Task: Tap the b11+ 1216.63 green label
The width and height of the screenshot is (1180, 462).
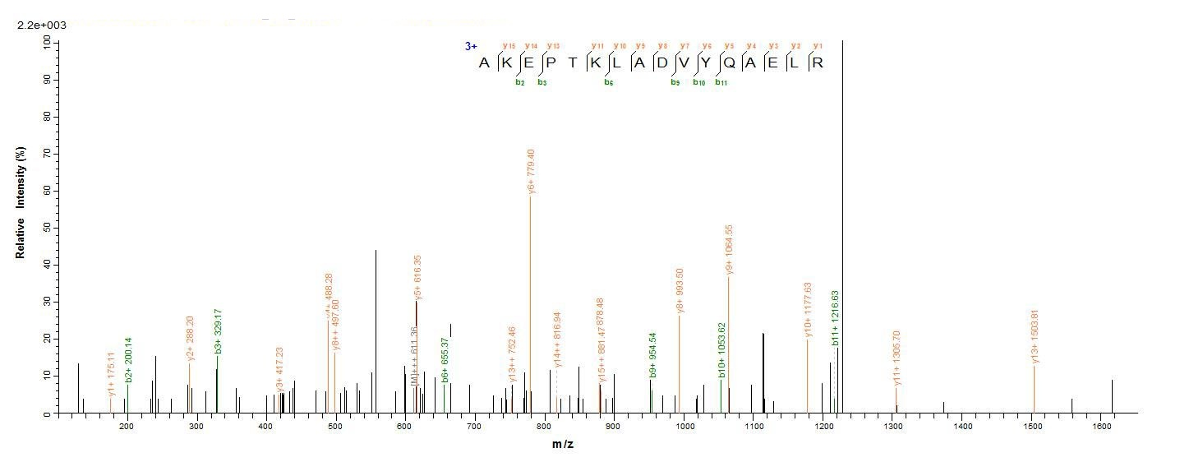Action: tap(835, 319)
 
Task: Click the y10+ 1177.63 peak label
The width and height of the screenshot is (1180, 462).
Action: tap(808, 311)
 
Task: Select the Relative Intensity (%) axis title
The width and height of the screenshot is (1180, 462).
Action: tap(20, 203)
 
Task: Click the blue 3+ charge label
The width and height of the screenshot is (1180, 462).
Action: tap(471, 47)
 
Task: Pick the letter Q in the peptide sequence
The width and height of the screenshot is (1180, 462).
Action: tap(749, 64)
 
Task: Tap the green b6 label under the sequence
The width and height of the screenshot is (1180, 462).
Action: tap(609, 82)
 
